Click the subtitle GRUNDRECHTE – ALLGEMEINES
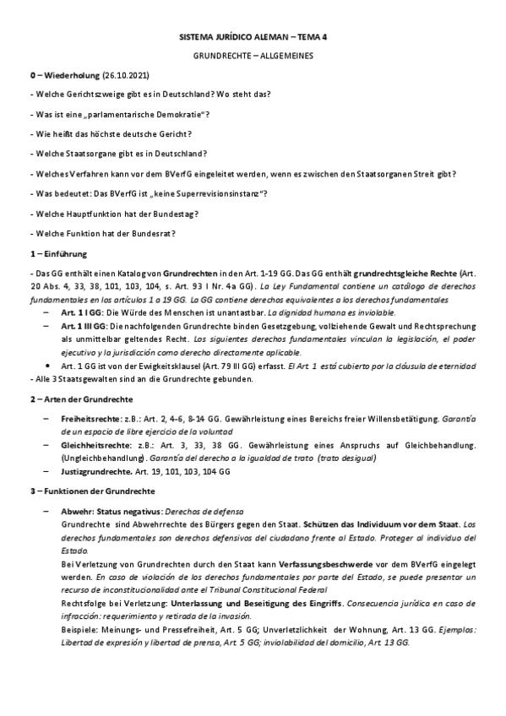(x=253, y=57)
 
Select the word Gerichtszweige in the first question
(x=90, y=95)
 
